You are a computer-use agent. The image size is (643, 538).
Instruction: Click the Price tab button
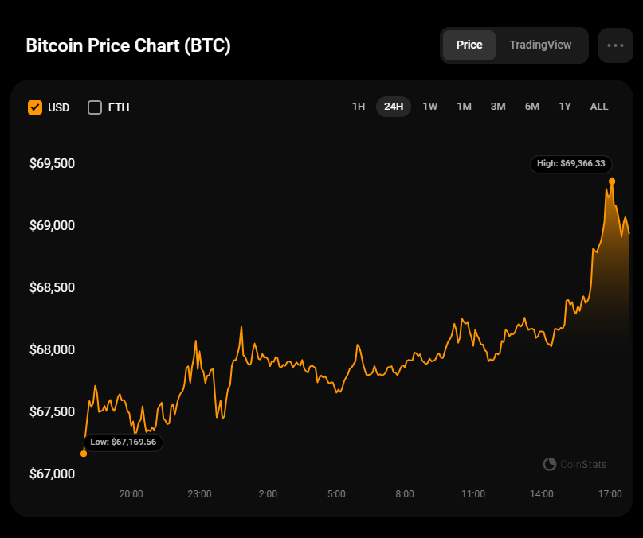click(469, 45)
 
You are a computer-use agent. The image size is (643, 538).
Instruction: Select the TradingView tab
click(540, 45)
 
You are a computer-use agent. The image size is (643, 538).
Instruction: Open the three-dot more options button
click(615, 45)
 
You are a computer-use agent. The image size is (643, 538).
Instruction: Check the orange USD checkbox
click(35, 107)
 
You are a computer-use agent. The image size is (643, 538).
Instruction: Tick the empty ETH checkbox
click(95, 107)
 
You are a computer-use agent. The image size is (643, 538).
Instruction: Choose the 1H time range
click(359, 107)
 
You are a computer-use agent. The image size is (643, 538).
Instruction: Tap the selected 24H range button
click(394, 107)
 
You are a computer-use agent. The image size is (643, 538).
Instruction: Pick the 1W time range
click(430, 107)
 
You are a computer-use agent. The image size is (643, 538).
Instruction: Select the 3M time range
click(498, 107)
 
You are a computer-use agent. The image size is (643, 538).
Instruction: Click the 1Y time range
click(565, 107)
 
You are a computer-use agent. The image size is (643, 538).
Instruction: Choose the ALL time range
click(599, 107)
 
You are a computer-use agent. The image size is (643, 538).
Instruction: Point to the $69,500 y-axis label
click(52, 164)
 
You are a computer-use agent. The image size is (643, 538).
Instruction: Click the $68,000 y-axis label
click(52, 350)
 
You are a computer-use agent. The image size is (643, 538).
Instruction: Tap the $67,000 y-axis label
click(52, 474)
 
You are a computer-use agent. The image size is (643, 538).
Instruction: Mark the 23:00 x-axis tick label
click(199, 494)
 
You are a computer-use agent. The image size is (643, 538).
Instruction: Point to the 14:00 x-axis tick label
click(541, 494)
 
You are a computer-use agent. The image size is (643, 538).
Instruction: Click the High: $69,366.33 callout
click(571, 164)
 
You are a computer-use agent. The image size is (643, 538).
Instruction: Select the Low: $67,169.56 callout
click(123, 442)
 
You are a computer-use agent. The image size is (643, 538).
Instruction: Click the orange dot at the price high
click(612, 181)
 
